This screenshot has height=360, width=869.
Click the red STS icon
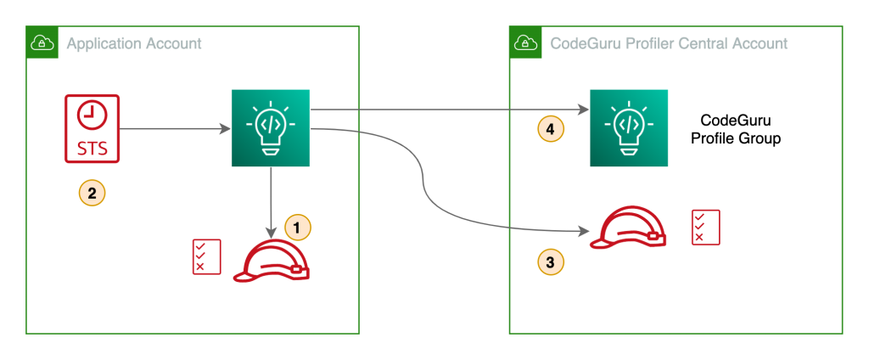pyautogui.click(x=92, y=128)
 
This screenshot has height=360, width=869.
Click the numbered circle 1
pyautogui.click(x=297, y=228)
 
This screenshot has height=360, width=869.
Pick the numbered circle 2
pyautogui.click(x=92, y=193)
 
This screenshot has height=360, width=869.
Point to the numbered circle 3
pyautogui.click(x=551, y=262)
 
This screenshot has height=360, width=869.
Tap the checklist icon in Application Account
pyautogui.click(x=206, y=256)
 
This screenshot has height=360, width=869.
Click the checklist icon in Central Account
pyautogui.click(x=705, y=227)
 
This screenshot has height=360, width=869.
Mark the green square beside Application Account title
pyautogui.click(x=42, y=42)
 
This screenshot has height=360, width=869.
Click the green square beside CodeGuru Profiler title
pyautogui.click(x=524, y=42)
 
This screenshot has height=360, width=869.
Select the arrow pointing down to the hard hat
pyautogui.click(x=271, y=204)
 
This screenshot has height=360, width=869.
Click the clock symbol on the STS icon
pyautogui.click(x=92, y=114)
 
